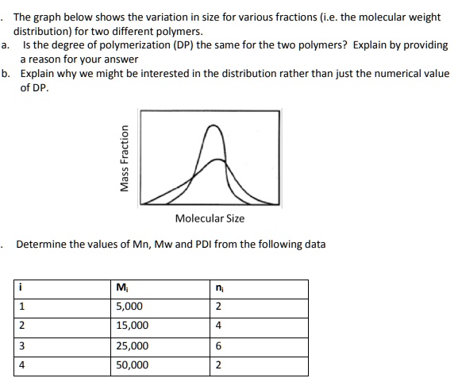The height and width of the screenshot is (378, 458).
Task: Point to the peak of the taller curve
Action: coord(212,127)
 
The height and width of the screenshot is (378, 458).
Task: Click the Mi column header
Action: coord(121,287)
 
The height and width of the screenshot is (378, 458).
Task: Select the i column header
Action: coord(22,287)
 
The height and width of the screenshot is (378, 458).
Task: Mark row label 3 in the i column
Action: coord(23,346)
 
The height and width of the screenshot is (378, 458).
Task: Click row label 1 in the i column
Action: coord(23,307)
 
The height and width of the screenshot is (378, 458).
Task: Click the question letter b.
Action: coord(6,74)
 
